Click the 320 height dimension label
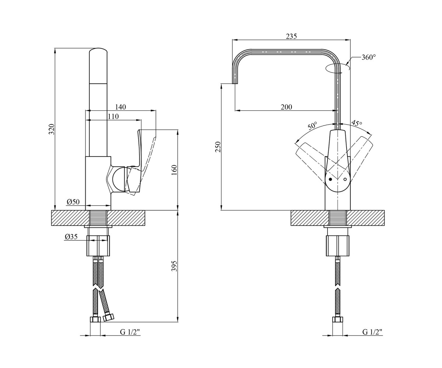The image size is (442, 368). pos(52,129)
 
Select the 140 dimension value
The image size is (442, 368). pos(120,107)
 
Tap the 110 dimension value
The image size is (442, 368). pos(113,116)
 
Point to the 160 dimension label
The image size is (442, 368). pos(174,170)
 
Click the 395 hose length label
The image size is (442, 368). pos(174,266)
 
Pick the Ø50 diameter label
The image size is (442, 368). pos(73,202)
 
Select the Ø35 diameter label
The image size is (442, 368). pos(71,237)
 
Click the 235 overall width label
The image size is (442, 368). pos(291,36)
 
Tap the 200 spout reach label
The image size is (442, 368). pos(287,107)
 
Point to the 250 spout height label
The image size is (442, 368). pos(218,147)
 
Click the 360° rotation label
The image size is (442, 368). pos(369,57)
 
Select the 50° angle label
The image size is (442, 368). pos(313,125)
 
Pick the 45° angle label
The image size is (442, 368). pos(357,123)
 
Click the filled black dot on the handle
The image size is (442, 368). pos(330,179)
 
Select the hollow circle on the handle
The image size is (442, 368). pos(345,180)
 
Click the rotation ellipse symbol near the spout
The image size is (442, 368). pos(337,68)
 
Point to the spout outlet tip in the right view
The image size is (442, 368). pos(235,84)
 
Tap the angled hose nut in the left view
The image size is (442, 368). pos(108,318)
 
